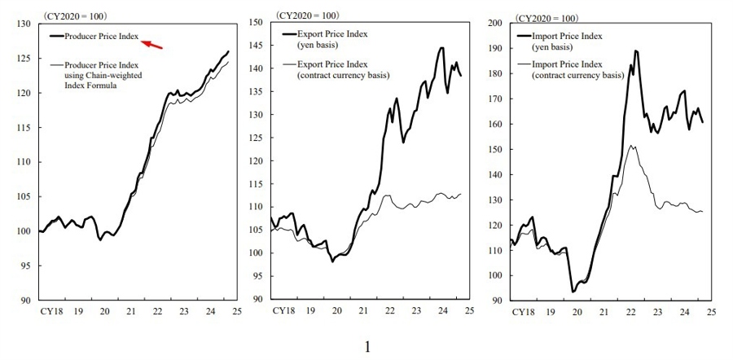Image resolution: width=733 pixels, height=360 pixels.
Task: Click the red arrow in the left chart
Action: (x=152, y=44)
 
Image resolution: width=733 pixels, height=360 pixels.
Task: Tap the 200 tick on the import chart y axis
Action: (x=494, y=23)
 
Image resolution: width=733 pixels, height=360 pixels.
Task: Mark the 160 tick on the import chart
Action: (x=494, y=124)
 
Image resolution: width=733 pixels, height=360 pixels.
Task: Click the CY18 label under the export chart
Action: (x=283, y=311)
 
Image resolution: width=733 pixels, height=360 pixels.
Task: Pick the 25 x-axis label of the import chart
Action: (x=710, y=311)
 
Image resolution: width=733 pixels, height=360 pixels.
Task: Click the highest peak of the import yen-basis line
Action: (x=635, y=50)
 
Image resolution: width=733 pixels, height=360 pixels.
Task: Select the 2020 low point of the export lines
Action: (x=332, y=261)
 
